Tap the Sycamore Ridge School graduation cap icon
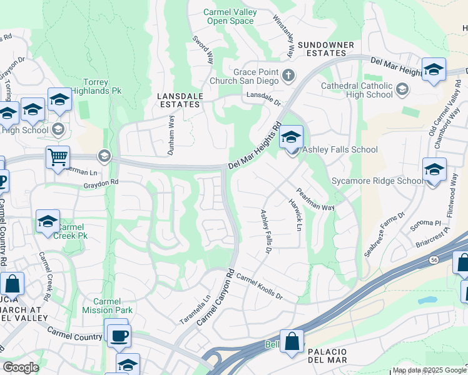point(434,169)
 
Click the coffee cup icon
point(118,335)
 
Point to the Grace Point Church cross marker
point(288,76)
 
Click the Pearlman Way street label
point(315,200)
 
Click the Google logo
point(21,367)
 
